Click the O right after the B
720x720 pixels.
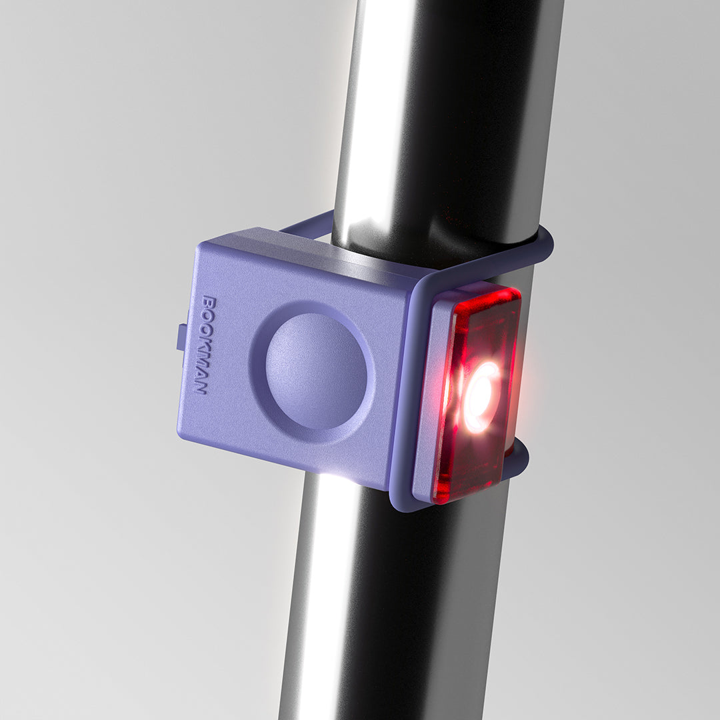[208, 315]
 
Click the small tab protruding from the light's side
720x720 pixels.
[181, 337]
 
